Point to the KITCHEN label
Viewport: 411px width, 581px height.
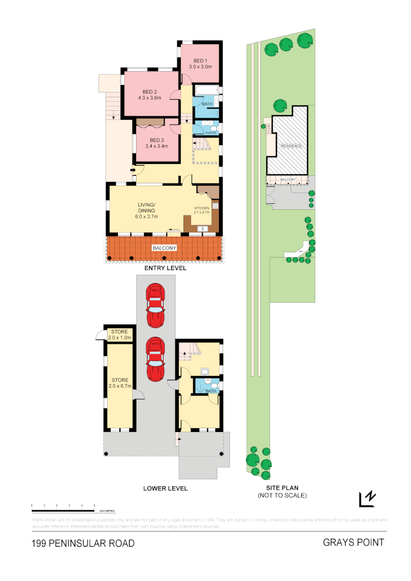[x=202, y=208]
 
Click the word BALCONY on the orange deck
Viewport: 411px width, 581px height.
[x=164, y=247]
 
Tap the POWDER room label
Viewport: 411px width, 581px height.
[x=210, y=132]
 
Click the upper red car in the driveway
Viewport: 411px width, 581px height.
[x=155, y=306]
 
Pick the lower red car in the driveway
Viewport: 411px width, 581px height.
[x=155, y=359]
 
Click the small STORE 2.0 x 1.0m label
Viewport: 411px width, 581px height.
[x=120, y=335]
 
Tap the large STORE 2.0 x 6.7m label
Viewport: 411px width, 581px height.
[x=120, y=383]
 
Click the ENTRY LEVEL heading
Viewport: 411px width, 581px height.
[x=165, y=268]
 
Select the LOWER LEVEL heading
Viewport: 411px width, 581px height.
[x=165, y=488]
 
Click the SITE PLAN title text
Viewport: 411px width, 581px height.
[x=282, y=488]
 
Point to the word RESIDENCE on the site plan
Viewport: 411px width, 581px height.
[x=290, y=146]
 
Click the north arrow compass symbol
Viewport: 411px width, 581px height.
[x=367, y=499]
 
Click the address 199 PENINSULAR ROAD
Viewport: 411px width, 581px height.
[x=83, y=543]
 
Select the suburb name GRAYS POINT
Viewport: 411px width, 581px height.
[x=353, y=542]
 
